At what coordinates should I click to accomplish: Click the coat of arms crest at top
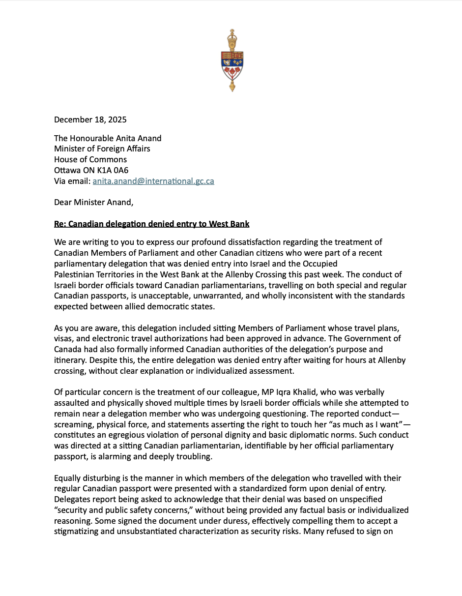point(231,60)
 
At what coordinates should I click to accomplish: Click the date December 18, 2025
point(90,119)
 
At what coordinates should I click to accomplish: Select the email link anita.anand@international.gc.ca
point(153,181)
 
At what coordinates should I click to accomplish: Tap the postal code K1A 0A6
point(112,170)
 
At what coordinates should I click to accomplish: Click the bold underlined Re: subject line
point(151,224)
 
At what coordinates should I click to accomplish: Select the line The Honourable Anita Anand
point(108,138)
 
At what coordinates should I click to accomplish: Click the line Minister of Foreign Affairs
point(102,149)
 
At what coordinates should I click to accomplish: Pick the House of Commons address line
point(90,159)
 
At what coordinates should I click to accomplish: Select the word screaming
point(72,424)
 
